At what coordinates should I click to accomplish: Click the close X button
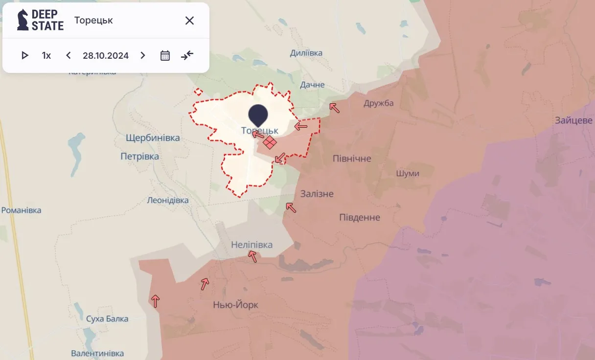tap(189, 21)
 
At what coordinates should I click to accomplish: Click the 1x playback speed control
tap(46, 55)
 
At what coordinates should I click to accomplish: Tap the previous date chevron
tap(69, 55)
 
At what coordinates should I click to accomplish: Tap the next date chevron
tap(143, 55)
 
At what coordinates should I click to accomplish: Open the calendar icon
tap(165, 55)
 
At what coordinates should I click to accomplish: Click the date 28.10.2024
tap(106, 55)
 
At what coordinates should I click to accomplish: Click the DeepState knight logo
tap(23, 20)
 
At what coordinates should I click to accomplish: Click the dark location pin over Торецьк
tap(258, 114)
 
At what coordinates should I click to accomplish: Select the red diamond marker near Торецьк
tap(270, 142)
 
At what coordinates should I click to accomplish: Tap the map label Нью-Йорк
tap(235, 305)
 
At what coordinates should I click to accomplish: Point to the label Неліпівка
tap(252, 245)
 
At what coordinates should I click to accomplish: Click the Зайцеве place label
tap(573, 120)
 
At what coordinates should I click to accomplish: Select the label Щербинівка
tap(153, 138)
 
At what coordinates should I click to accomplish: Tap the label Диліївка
tap(306, 53)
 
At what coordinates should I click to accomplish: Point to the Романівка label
tap(22, 210)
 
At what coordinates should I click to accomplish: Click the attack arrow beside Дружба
tap(335, 108)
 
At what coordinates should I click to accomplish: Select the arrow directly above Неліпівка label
tap(252, 256)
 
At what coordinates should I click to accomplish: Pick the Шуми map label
tap(407, 174)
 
